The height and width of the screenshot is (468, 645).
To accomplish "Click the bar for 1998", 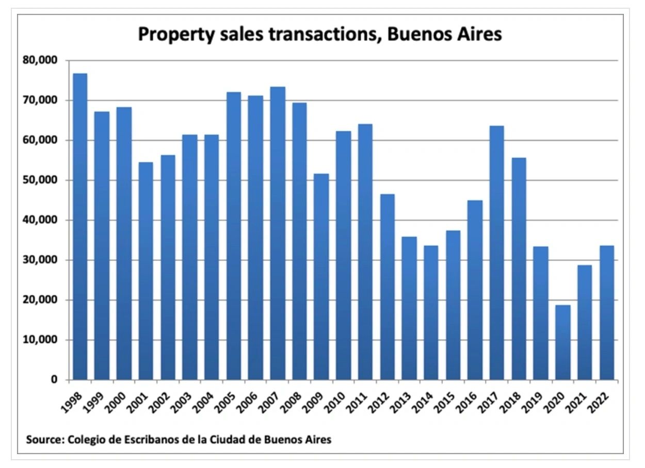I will [x=80, y=227].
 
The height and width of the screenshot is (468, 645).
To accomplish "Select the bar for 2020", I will [x=563, y=342].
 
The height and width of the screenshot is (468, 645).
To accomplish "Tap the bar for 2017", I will [x=497, y=253].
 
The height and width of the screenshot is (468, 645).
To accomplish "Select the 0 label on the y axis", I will [x=54, y=380].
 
